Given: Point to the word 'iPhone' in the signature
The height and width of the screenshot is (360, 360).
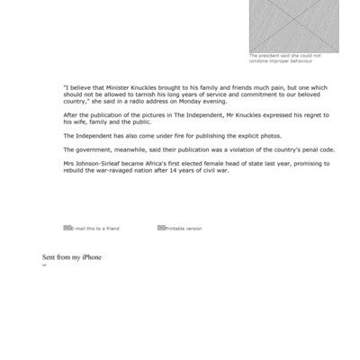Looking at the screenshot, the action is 91,257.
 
